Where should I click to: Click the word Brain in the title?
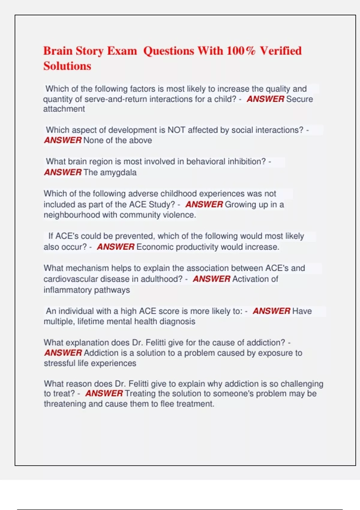tap(58, 51)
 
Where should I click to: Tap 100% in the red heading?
tap(241, 51)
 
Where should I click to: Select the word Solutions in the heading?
tap(67, 66)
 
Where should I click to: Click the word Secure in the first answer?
tap(299, 99)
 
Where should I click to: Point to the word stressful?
tap(59, 363)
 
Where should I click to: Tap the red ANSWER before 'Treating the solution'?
tap(104, 393)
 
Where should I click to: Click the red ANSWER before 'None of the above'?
tap(63, 140)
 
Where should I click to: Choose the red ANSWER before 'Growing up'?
tap(204, 204)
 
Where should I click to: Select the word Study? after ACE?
tap(162, 204)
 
